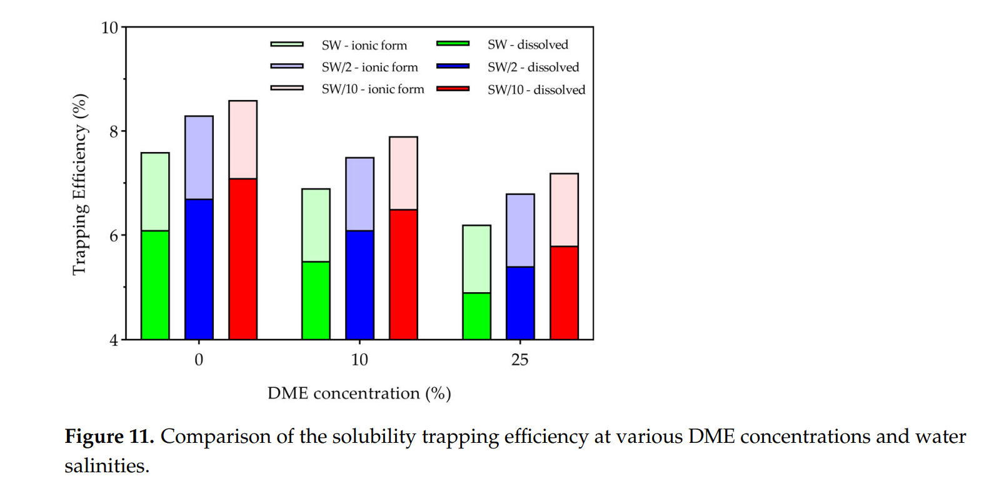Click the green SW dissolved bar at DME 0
(155, 285)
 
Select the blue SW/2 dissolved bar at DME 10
(359, 285)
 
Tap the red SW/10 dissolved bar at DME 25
(564, 293)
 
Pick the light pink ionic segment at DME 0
(243, 139)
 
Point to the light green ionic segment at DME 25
(476, 259)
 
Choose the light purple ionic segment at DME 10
(359, 194)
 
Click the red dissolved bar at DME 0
(243, 259)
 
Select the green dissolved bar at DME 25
(476, 316)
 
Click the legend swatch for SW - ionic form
(287, 44)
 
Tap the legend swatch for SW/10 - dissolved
(453, 89)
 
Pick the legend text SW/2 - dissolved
(533, 67)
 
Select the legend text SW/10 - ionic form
(373, 89)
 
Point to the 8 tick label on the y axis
(113, 131)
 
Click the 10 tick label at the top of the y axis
(109, 28)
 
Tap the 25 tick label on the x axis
(520, 360)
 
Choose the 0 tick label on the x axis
(199, 360)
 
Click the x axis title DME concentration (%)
(359, 393)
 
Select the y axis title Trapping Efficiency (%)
(79, 184)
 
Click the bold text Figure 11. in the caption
(109, 437)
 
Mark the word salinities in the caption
(106, 466)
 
